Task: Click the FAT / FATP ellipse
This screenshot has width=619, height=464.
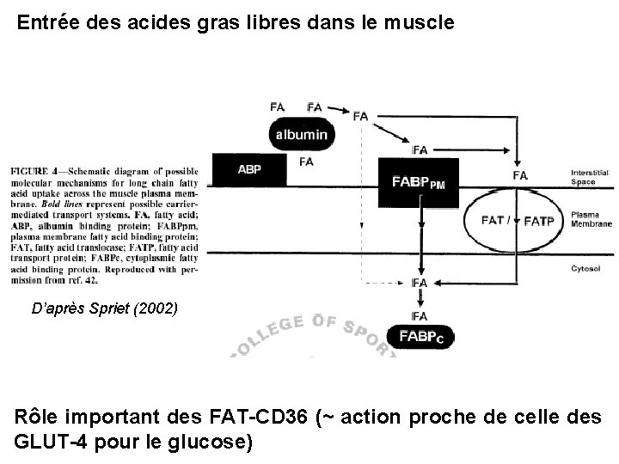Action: (514, 221)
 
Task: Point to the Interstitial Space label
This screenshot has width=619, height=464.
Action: (591, 178)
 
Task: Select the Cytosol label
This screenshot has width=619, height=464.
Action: (585, 268)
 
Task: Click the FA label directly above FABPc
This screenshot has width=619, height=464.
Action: (420, 316)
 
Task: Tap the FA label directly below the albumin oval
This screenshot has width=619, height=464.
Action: (306, 161)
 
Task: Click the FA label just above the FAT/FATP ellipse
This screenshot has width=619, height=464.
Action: (520, 175)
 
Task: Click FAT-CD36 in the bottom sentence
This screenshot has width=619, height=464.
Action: (259, 420)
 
